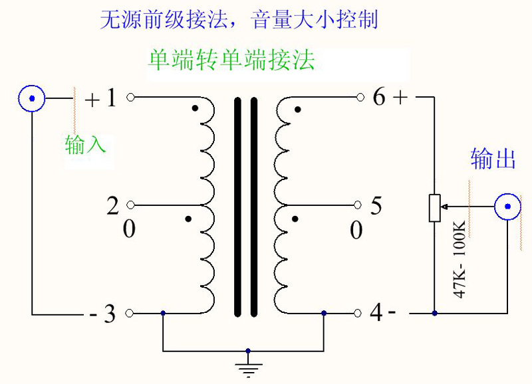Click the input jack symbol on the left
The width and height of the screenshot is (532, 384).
coord(31,99)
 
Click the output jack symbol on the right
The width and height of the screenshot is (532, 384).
coord(507,207)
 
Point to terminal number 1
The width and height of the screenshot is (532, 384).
coord(110,98)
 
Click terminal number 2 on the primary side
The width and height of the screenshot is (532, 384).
coord(112,206)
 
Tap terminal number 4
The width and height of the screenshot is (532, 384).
coord(376,313)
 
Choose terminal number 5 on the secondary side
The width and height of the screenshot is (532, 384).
coord(376,206)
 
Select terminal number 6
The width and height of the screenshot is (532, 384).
coord(379,98)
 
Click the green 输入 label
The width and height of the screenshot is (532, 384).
coord(86,145)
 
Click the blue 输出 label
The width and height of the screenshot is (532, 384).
coord(493,159)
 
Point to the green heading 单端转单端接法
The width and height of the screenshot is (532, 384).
coord(231,61)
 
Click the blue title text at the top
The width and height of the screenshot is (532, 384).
coord(239,19)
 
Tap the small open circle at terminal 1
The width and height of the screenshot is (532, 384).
coord(131,98)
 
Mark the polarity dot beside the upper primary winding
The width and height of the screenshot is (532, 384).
coord(194,109)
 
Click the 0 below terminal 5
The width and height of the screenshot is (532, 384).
coord(356,231)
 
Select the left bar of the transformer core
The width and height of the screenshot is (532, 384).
coord(237,207)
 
